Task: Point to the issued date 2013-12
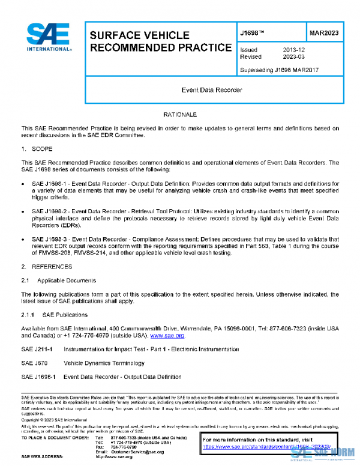click(x=295, y=50)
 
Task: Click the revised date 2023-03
click(x=295, y=57)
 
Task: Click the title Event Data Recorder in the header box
click(x=212, y=90)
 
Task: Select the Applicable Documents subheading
click(x=66, y=280)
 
